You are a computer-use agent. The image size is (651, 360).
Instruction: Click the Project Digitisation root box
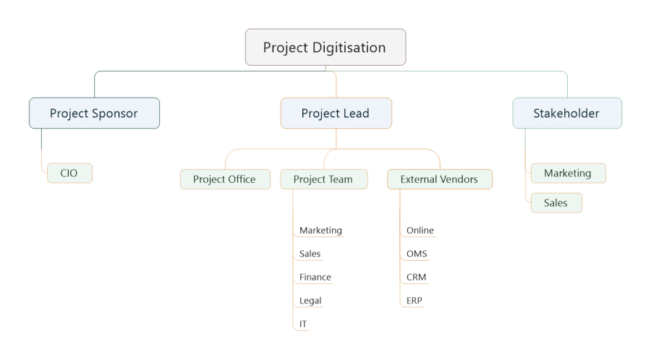[x=325, y=47]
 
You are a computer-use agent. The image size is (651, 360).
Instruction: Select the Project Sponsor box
[x=94, y=113]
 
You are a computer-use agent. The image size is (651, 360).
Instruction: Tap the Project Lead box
[x=336, y=113]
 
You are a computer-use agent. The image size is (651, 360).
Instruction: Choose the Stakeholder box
[x=567, y=113]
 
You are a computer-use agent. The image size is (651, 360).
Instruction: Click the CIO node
[x=69, y=173]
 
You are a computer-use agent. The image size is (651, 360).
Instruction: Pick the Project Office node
[x=225, y=179]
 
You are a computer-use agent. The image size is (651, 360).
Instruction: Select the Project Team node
[x=324, y=179]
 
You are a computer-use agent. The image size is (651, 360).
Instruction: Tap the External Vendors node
[x=440, y=179]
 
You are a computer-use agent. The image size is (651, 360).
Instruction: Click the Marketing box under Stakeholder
[x=569, y=173]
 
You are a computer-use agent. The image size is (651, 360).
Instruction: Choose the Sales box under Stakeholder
[x=556, y=203]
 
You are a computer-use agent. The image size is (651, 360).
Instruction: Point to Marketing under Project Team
[x=320, y=230]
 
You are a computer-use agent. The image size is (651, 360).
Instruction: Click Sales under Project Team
[x=310, y=254]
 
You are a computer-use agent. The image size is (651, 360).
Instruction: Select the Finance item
[x=315, y=277]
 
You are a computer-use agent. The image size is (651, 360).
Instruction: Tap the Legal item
[x=310, y=301]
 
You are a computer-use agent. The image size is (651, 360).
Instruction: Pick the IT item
[x=303, y=324]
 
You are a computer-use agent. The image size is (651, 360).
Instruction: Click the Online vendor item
[x=420, y=230]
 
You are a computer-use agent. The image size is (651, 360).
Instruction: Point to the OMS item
[x=417, y=254]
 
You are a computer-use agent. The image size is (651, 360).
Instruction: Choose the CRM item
[x=416, y=277]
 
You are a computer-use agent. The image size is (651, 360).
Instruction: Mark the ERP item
[x=414, y=300]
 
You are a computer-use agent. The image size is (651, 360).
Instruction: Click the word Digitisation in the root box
[x=349, y=48]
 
